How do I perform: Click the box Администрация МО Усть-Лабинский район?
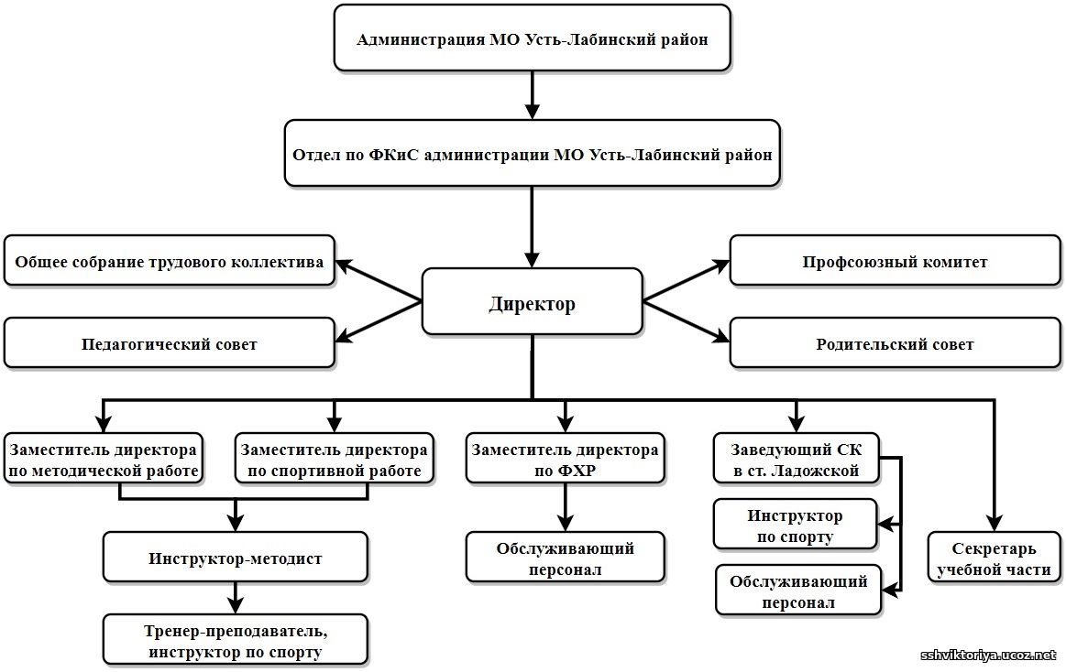pyautogui.click(x=532, y=38)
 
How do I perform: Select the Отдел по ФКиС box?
pyautogui.click(x=532, y=154)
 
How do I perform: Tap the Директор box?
pyautogui.click(x=532, y=301)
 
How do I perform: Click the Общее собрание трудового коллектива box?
pyautogui.click(x=170, y=262)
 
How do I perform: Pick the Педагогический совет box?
pyautogui.click(x=170, y=343)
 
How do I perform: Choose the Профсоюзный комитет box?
pyautogui.click(x=895, y=262)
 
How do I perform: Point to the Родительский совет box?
pyautogui.click(x=895, y=343)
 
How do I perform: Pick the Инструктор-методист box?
pyautogui.click(x=236, y=558)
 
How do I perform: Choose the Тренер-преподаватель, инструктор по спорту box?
pyautogui.click(x=236, y=639)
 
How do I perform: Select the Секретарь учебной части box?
pyautogui.click(x=995, y=558)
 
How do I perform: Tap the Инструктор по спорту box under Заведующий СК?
pyautogui.click(x=795, y=526)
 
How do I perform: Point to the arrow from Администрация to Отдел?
pyautogui.click(x=532, y=95)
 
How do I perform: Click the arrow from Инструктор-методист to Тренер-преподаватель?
pyautogui.click(x=236, y=598)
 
